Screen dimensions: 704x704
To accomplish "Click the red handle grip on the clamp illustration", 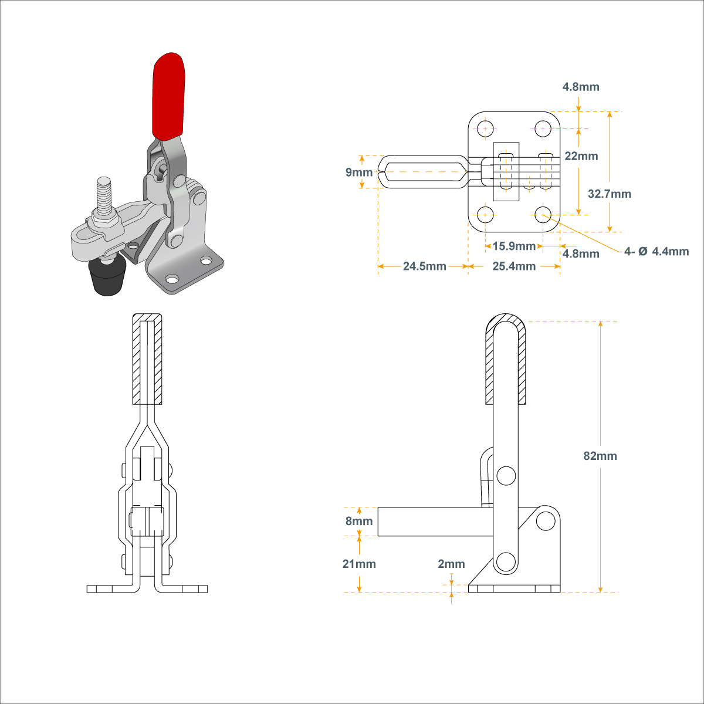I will point(168,97).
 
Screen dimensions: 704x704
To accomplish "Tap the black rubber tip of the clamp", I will point(107,279).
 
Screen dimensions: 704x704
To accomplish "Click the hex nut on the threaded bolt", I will point(104,222).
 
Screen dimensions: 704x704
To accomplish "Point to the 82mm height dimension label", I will point(600,456).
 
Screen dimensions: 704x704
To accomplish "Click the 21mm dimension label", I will point(359,564).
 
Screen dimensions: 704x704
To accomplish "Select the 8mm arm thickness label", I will point(359,521).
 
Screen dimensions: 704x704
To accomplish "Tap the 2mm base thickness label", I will point(451,564).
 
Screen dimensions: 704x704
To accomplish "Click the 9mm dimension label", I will point(359,172).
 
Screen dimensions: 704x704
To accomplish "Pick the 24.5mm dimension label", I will point(424,266).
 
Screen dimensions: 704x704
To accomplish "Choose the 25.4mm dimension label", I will point(514,266).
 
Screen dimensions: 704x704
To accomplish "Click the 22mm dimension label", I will point(581,156).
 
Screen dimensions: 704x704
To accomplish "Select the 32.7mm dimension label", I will point(610,194).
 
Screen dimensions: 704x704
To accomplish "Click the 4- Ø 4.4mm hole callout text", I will point(656,252).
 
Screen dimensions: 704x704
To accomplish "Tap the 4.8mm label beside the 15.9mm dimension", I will point(581,253).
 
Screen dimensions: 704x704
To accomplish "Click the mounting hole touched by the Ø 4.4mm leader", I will point(543,214).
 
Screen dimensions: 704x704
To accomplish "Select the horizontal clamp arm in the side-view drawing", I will point(434,522).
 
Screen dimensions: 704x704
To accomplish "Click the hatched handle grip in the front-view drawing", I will point(147,359).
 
